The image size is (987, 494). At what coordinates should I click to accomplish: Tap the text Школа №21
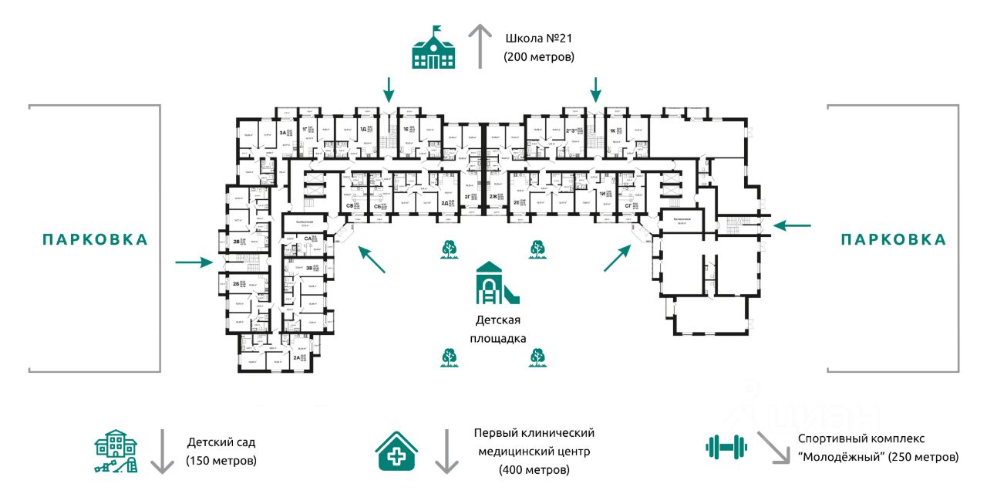click(x=540, y=38)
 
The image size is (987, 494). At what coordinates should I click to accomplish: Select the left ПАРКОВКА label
click(x=95, y=239)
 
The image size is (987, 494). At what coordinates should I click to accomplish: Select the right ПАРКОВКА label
click(x=894, y=239)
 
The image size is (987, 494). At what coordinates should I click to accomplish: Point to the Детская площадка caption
click(x=497, y=329)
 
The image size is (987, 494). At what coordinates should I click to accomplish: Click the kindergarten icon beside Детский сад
click(x=117, y=451)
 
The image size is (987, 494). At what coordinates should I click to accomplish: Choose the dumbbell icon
click(x=727, y=445)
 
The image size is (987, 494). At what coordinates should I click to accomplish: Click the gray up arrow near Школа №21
click(x=481, y=46)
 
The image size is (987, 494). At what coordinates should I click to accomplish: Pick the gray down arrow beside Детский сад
click(x=161, y=452)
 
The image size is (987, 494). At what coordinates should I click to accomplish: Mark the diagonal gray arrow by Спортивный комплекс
click(x=773, y=448)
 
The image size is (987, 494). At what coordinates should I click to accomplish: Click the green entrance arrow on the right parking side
click(x=792, y=225)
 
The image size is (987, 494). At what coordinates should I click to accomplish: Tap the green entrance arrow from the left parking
click(x=194, y=262)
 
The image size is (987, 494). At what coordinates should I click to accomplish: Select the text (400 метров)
click(x=534, y=469)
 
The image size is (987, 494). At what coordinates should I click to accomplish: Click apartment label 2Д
click(x=445, y=204)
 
